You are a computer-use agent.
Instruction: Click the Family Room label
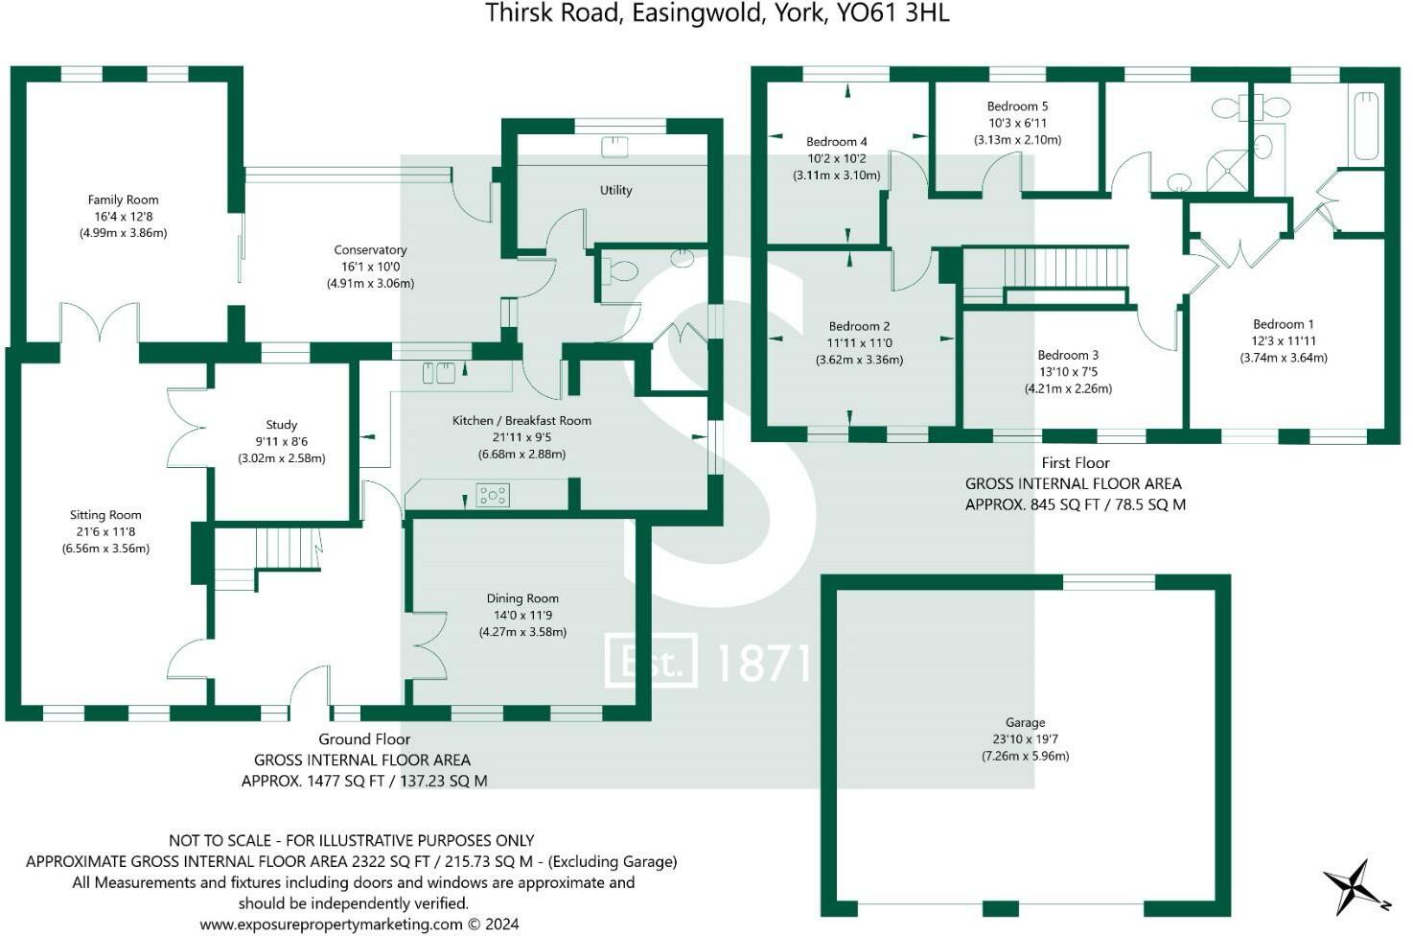(x=123, y=199)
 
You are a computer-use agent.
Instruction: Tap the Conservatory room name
(x=370, y=250)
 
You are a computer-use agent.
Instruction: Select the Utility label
(x=615, y=190)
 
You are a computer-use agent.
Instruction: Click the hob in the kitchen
(x=493, y=495)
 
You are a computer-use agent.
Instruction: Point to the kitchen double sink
(x=439, y=372)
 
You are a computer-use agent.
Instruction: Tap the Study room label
(x=281, y=425)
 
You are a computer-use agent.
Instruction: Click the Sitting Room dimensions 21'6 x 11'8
(x=105, y=531)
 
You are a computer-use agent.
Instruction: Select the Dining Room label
(x=521, y=598)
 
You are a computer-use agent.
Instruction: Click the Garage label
(x=1025, y=722)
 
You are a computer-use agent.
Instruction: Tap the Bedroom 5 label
(x=1017, y=106)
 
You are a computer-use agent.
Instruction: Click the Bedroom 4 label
(x=836, y=142)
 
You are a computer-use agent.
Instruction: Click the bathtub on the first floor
(x=1364, y=126)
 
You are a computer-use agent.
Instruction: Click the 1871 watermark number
(x=763, y=663)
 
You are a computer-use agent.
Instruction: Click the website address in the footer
(x=331, y=924)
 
